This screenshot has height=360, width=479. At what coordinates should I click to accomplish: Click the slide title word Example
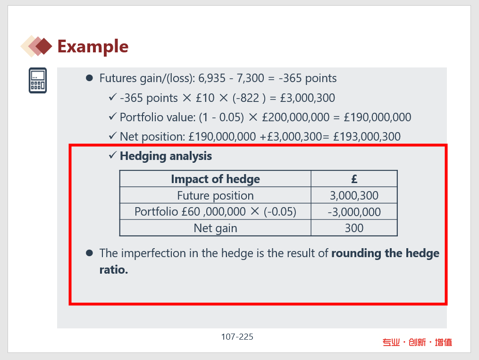(93, 47)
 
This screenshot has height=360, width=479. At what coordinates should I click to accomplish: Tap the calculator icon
(38, 80)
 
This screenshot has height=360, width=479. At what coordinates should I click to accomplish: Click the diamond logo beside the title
(36, 46)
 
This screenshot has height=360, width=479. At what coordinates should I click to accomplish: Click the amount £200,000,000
(296, 117)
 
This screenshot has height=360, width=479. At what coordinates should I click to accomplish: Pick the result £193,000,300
(367, 136)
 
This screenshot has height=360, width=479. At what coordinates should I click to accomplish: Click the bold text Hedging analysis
(166, 156)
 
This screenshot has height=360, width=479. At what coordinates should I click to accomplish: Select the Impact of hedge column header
(215, 179)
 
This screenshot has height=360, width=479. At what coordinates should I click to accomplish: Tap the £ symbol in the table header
(354, 179)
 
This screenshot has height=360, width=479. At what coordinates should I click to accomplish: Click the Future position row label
(215, 195)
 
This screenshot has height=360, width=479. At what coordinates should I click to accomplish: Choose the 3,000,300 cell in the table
(354, 195)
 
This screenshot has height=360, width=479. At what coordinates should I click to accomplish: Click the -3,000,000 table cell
(354, 212)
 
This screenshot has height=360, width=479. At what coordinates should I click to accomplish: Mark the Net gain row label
(215, 228)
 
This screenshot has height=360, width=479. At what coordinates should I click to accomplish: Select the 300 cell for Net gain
(354, 228)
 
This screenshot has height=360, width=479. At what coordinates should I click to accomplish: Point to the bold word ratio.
(114, 269)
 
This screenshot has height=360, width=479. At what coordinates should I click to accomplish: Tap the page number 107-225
(237, 337)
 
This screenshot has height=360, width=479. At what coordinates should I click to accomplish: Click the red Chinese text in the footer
(417, 342)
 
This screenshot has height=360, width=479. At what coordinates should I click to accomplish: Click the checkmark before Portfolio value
(113, 117)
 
